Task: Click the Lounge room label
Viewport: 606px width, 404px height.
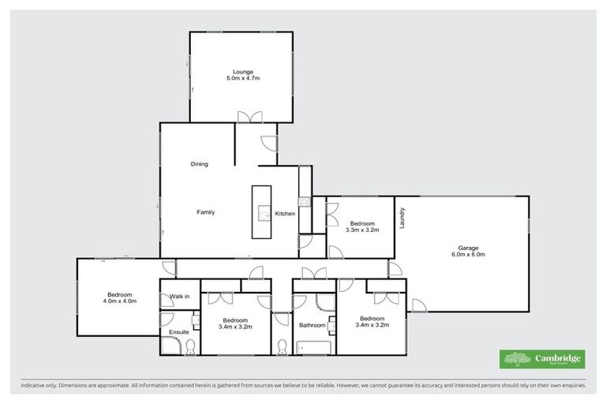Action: point(242,73)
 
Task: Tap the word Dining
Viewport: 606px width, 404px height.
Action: point(199,164)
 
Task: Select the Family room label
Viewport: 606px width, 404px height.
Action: point(205,212)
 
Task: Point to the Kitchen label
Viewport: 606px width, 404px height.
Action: point(285,214)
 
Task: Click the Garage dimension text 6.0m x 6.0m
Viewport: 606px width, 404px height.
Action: point(469,254)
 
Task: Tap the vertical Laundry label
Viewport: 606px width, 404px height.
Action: point(402,218)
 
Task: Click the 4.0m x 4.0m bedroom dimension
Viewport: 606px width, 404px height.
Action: point(120,301)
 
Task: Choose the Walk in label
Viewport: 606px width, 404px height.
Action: point(179,297)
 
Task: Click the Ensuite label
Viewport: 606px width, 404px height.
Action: point(179,332)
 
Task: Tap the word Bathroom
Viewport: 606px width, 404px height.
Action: point(312,325)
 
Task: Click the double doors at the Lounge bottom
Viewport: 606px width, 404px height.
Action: point(251,118)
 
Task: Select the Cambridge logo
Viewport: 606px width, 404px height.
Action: point(543,359)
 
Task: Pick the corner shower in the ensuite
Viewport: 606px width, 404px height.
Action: point(166,320)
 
